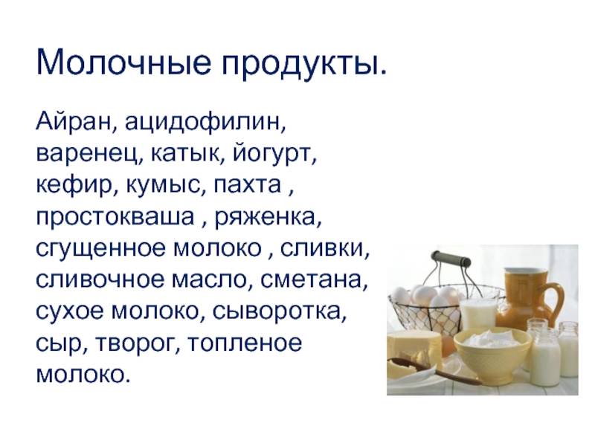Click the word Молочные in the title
(x=123, y=62)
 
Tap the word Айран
(x=74, y=121)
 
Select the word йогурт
(x=271, y=153)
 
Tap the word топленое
(x=245, y=343)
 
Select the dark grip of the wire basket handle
(x=451, y=259)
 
